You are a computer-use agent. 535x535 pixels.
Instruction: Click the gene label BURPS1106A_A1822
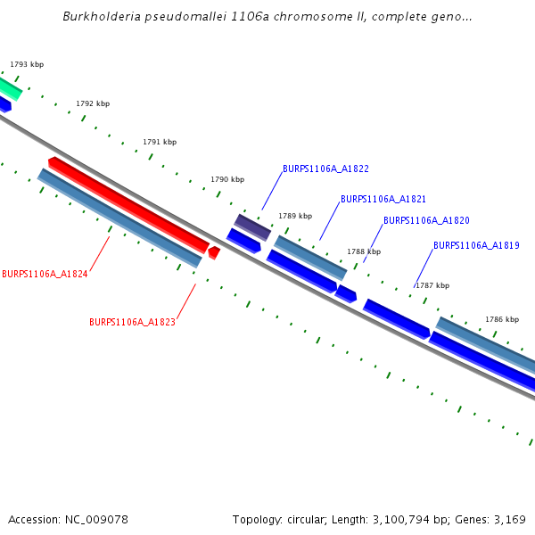point(325,169)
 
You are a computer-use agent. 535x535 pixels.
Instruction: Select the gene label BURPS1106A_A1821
point(383,199)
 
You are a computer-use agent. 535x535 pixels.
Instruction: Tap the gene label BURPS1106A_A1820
point(426,220)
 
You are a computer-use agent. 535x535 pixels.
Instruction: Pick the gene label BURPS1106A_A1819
point(476,245)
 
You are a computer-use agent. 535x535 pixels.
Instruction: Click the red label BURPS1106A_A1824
point(45,274)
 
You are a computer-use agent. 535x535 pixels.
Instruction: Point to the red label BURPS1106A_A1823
point(132,322)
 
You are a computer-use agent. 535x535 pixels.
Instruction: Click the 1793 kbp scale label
point(27,64)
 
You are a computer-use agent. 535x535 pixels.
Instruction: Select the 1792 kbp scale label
point(93,103)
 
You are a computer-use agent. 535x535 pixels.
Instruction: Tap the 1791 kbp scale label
point(160,142)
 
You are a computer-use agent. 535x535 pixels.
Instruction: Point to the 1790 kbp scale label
point(227,179)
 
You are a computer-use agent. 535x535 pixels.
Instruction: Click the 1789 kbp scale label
point(295,216)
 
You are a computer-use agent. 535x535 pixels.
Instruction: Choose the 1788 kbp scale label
point(364,251)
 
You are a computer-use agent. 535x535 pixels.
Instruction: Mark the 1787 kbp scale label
point(432,285)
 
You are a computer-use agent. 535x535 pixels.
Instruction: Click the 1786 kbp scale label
point(502,318)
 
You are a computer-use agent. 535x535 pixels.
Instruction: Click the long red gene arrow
point(129,204)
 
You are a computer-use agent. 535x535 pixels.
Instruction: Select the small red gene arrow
point(214,253)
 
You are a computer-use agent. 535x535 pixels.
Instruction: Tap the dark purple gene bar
point(252,226)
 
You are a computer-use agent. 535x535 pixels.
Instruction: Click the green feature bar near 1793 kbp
point(8,87)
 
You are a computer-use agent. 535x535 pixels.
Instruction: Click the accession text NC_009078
point(94,519)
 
